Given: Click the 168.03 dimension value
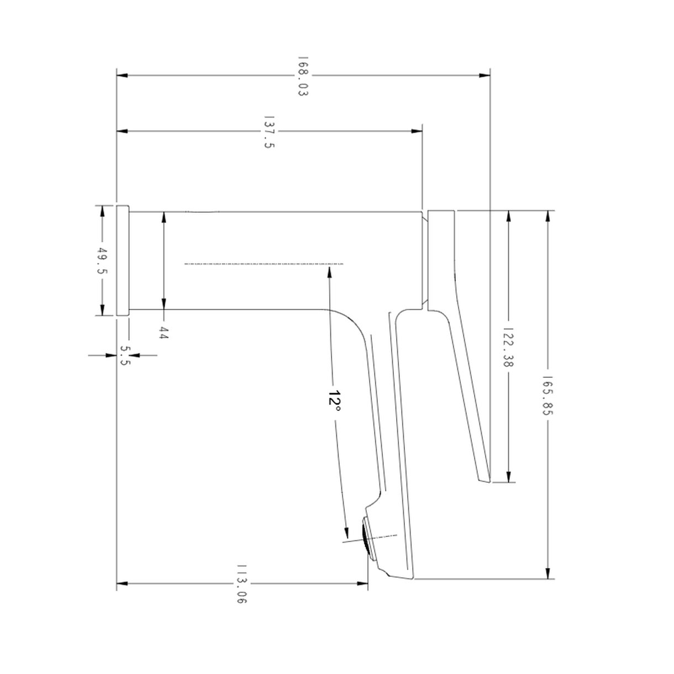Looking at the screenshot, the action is pos(303,76).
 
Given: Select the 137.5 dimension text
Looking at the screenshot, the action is pos(269,132).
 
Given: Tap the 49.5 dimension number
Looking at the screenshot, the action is pos(102,261).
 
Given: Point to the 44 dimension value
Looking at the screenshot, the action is pos(164,332).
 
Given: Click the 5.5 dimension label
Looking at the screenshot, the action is pos(125,355).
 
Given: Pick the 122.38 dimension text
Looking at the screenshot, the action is pos(508,347).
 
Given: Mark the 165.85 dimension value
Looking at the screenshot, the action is pos(547,396).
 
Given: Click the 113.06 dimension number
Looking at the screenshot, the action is pos(242,584).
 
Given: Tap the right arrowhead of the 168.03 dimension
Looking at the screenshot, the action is pos(485,76).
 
